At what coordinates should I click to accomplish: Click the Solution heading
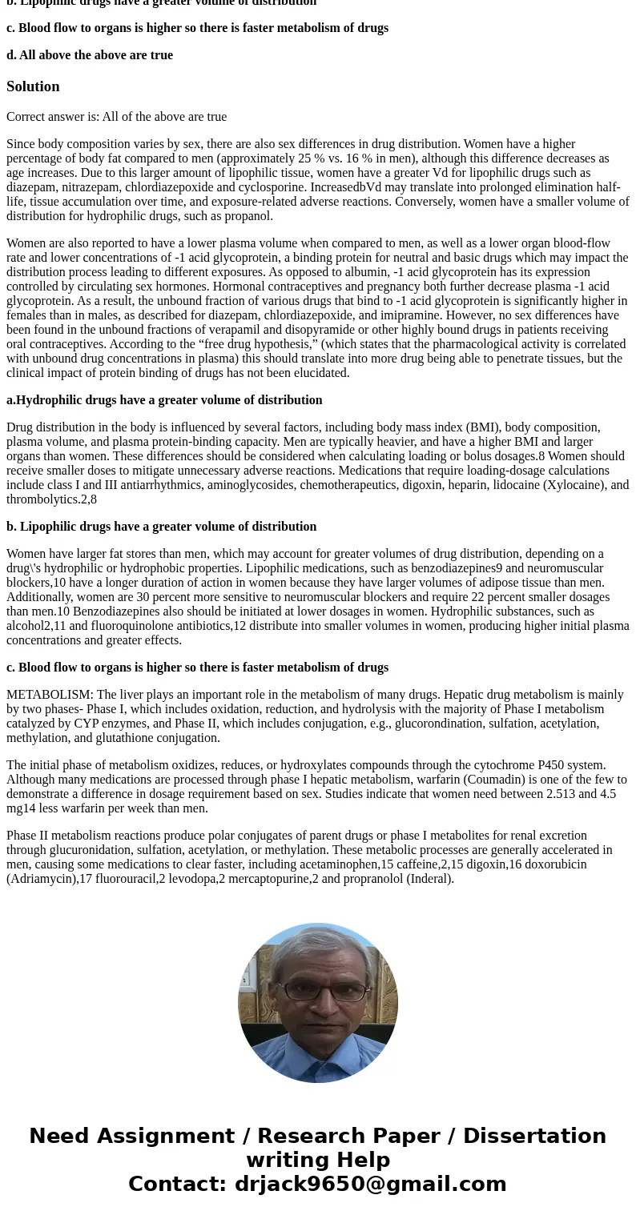point(33,86)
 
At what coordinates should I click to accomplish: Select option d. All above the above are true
point(90,55)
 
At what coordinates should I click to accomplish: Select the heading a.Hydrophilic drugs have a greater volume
point(164,400)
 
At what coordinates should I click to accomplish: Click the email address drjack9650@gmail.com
point(370,1185)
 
